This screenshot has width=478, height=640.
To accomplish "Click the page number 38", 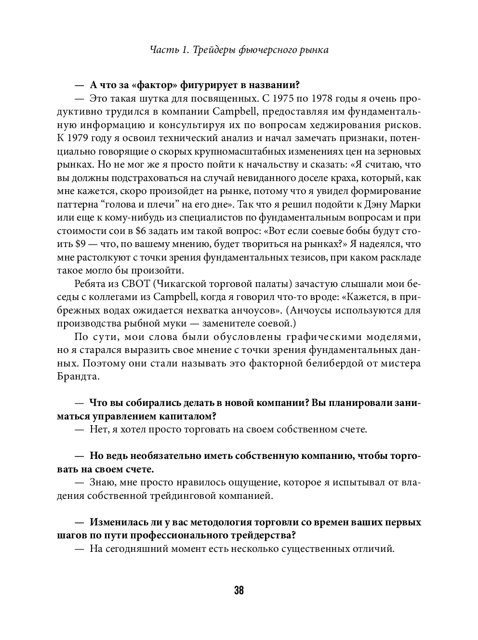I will (239, 590).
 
